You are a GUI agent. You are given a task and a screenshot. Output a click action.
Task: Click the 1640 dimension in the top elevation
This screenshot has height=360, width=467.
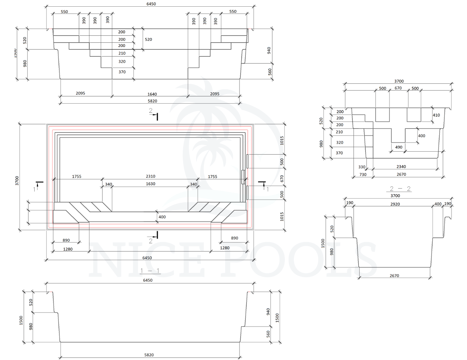coord(152,94)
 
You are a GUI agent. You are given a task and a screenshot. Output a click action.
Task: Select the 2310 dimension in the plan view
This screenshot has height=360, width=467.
coord(150,176)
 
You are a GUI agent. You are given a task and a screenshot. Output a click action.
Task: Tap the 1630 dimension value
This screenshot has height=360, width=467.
coord(150,184)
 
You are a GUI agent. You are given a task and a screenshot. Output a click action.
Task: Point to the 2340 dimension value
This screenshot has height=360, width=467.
coord(401,167)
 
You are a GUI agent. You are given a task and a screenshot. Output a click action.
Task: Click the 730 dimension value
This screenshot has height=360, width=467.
coord(363,174)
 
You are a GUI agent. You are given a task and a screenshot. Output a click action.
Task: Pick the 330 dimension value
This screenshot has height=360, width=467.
coord(362,167)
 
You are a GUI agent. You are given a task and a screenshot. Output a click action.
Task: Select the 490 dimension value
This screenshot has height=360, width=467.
coord(399,147)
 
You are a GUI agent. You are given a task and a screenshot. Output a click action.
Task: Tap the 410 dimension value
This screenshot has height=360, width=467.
coord(436,115)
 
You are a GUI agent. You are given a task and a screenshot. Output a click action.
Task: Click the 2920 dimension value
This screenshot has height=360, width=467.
coord(395,204)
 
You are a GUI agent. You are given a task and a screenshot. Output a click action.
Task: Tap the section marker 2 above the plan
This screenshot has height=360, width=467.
coord(151,111)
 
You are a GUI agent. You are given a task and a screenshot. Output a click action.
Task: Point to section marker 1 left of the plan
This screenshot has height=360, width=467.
coord(34,189)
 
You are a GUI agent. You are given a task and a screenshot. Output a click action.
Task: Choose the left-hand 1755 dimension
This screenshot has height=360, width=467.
coord(77,177)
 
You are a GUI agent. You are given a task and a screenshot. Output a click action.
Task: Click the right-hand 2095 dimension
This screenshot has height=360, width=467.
coord(215,94)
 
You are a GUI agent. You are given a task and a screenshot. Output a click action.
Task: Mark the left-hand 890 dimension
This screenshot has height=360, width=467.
coord(66,240)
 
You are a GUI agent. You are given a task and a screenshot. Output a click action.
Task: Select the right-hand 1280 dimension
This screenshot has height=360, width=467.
coord(225,248)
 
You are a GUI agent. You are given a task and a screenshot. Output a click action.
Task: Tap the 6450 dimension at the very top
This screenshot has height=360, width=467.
coord(151,4)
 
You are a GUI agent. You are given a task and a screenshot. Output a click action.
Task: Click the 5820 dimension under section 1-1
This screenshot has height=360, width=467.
coord(149,355)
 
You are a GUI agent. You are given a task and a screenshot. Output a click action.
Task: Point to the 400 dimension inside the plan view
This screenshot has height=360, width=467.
coord(162,217)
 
